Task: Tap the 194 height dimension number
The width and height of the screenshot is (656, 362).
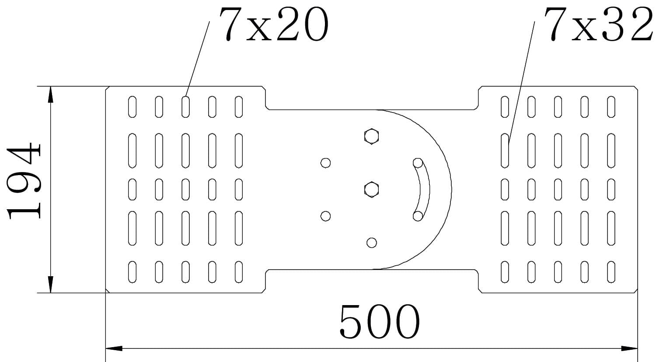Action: pos(24,180)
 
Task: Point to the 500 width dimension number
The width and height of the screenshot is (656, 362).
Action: pos(380,322)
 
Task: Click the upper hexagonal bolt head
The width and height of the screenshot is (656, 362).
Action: pos(371,136)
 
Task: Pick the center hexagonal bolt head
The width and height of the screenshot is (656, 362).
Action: pos(371,190)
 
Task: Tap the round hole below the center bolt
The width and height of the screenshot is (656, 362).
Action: pos(371,243)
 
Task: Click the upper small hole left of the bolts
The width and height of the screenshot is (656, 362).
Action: pos(325,163)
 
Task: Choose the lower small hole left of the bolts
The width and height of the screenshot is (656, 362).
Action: pos(325,216)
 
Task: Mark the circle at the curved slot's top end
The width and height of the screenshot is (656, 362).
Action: pos(418,163)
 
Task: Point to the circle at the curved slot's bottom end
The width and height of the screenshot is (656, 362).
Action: pos(418,216)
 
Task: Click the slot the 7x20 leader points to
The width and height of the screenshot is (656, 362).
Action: pos(185,107)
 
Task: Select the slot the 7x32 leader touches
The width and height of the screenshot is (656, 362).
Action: pos(505,151)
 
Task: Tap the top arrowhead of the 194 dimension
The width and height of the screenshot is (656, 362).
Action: pos(51,94)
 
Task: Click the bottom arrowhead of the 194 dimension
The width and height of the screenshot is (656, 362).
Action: pos(51,285)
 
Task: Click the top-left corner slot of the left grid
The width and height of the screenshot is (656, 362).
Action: pos(132,107)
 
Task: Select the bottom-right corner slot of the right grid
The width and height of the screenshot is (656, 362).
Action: pos(611,272)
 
